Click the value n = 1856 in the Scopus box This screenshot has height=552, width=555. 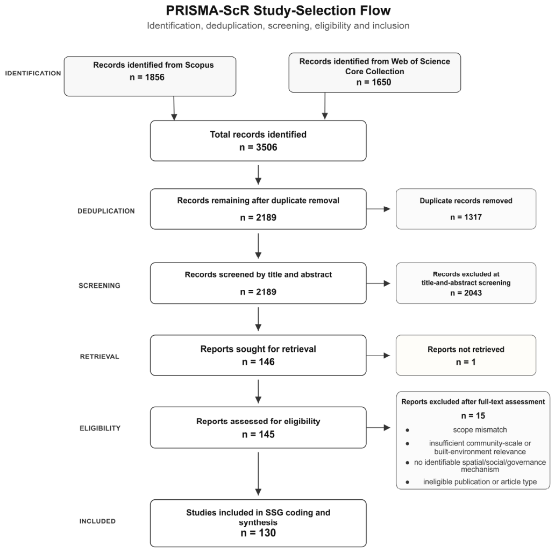coord(147,77)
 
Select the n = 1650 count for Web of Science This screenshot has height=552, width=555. coord(374,82)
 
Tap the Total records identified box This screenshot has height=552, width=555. coord(258,141)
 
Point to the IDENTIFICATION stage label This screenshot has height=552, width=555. coord(33,73)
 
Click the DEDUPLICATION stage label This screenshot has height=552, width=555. coord(106,211)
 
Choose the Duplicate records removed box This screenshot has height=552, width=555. coord(466,209)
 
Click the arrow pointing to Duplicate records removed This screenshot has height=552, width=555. coord(379,209)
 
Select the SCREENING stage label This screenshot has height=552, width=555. coord(99,286)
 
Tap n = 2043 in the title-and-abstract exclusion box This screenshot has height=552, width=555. coord(466,293)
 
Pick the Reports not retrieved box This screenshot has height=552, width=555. coord(466,355)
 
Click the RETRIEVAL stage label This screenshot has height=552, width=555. coord(99,357)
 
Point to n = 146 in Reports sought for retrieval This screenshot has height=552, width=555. coord(258,362)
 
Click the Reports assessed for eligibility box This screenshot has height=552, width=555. coord(258,428)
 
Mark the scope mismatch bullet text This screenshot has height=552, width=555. coord(480,430)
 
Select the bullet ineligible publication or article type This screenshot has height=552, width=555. coord(480,482)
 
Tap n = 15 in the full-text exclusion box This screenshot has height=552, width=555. coord(473,416)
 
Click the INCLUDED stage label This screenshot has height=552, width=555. coord(97,521)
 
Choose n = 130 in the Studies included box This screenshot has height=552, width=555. coord(258,533)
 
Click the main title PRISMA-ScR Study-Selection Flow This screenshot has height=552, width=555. coord(278,11)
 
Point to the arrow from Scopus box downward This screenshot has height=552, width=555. coord(174,108)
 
